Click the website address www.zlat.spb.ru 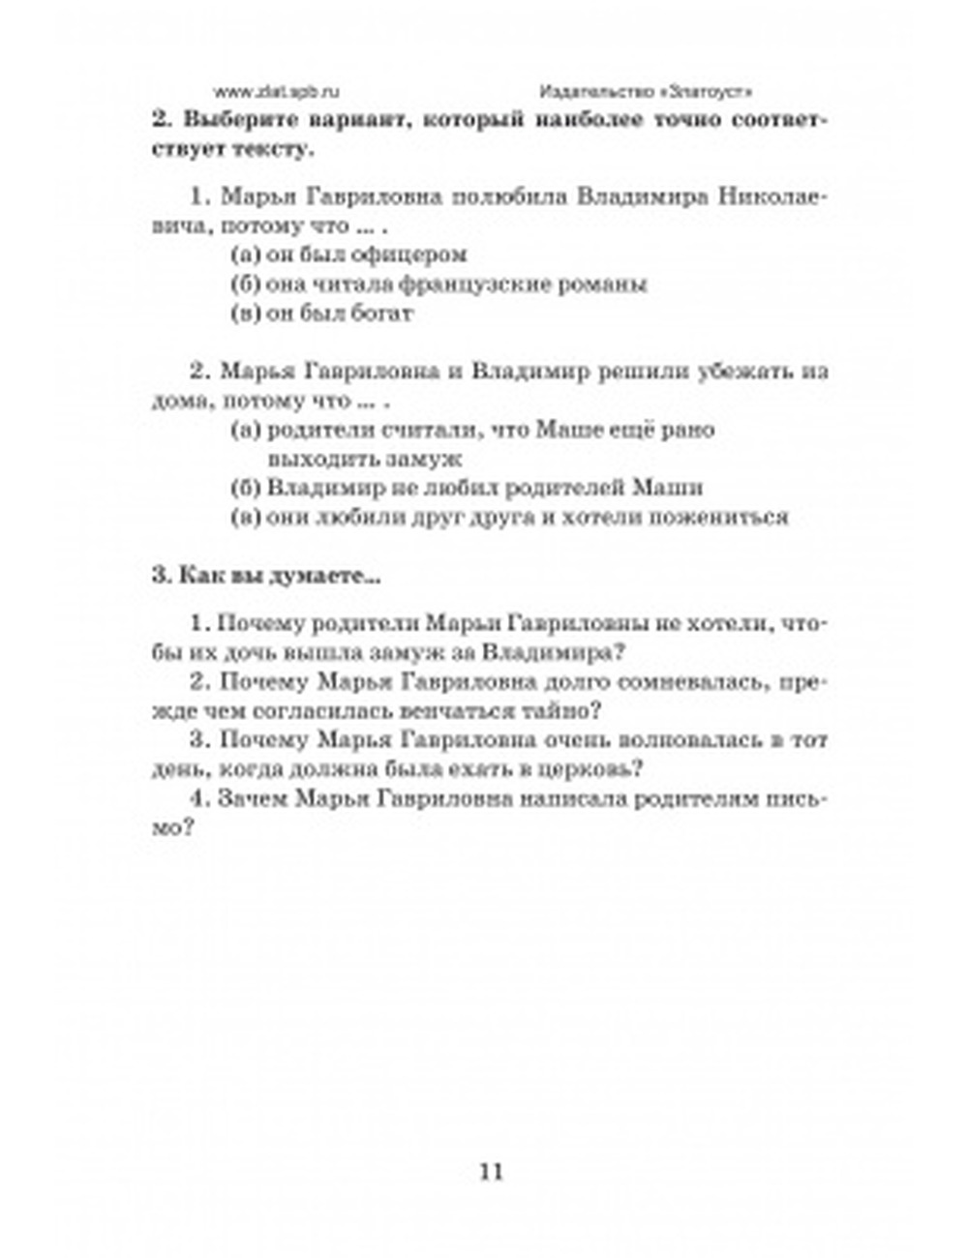[277, 92]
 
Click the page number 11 [491, 1172]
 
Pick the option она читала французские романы [439, 284]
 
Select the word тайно [564, 711]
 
